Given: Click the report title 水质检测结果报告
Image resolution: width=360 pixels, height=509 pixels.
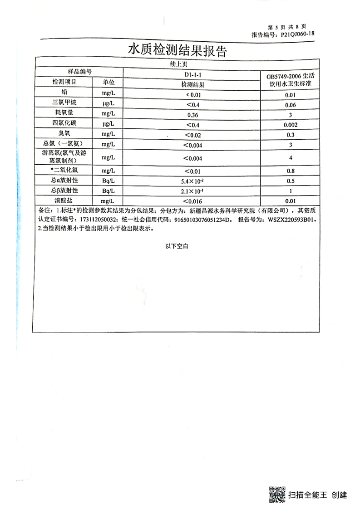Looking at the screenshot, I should pos(177,50).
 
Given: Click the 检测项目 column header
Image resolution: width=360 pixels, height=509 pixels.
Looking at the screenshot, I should pos(64,83).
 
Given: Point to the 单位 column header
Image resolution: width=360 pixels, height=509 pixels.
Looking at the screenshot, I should pos(108,83).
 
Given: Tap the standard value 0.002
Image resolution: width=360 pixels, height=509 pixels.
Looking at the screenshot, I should pos(291,125).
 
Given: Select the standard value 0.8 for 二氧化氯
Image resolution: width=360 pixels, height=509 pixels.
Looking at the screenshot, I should pos(291,171).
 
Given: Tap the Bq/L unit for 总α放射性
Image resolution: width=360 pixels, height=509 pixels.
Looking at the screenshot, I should pos(108,181).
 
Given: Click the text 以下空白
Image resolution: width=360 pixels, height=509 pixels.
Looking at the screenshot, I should pos(177,246).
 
